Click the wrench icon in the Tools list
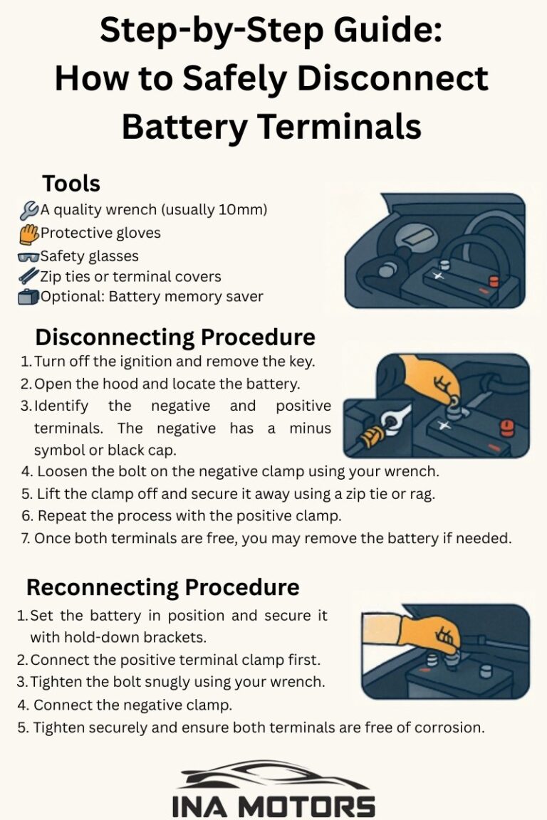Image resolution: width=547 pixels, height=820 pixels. [x=29, y=210]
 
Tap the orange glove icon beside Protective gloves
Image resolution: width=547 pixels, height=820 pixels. [x=29, y=233]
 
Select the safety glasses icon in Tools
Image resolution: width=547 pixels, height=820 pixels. [x=28, y=257]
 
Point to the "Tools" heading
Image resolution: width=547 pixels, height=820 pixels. [x=71, y=184]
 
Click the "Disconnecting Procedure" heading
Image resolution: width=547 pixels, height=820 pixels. [x=175, y=336]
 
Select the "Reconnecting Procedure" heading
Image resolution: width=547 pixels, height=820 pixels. [x=163, y=587]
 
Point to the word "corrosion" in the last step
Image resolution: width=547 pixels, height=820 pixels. [x=447, y=727]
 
